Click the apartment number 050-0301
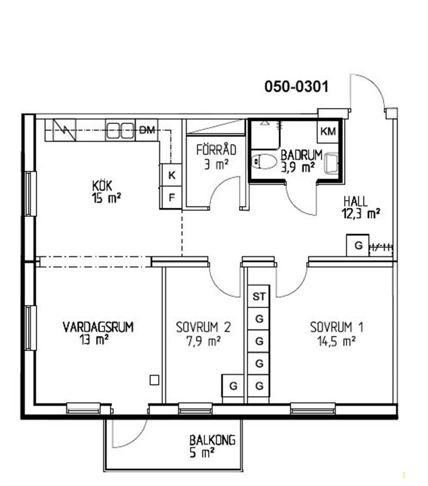(296, 86)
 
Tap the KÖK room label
(102, 186)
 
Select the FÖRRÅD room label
(216, 149)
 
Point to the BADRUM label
(302, 155)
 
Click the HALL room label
(356, 202)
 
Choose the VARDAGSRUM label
(98, 327)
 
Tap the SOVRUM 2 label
(204, 327)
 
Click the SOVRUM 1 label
(337, 327)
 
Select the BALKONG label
(212, 440)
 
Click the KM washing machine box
(328, 131)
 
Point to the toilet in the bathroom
(264, 162)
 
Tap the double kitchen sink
(120, 131)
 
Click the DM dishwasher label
(147, 130)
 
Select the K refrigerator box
(171, 175)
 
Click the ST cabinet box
(258, 296)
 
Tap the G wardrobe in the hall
(358, 245)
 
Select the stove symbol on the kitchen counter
(65, 131)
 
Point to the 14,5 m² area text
(337, 341)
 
